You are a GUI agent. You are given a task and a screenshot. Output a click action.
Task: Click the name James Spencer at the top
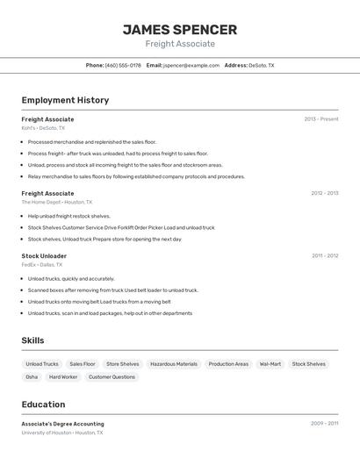[x=180, y=29]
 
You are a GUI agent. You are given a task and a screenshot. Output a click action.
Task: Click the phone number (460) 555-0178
[x=123, y=65]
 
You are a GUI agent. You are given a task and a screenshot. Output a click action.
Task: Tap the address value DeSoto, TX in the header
[x=262, y=65]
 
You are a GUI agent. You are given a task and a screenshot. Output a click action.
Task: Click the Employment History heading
[x=65, y=100]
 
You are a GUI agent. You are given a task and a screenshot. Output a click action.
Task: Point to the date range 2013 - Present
[x=321, y=119]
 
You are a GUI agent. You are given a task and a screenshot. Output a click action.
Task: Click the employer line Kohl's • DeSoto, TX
[x=43, y=128]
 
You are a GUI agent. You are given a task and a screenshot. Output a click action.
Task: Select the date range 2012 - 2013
[x=324, y=193]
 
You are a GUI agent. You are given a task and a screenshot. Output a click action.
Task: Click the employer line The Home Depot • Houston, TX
[x=57, y=202]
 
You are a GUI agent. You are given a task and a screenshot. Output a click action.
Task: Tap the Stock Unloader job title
[x=44, y=256]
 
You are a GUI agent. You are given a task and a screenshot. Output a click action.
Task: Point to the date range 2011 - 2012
[x=324, y=256]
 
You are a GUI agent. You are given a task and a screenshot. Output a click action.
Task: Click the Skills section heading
[x=33, y=340]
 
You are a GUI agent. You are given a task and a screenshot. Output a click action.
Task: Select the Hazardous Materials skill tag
[x=174, y=364]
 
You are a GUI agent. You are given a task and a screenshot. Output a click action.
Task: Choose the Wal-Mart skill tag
[x=270, y=364]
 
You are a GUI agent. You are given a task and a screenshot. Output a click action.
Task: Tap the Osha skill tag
[x=32, y=377]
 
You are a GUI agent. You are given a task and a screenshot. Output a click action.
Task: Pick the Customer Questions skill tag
[x=112, y=377]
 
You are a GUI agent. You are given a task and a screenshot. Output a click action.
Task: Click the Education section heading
[x=43, y=404]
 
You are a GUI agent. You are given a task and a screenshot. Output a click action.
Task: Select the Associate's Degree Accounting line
[x=62, y=424]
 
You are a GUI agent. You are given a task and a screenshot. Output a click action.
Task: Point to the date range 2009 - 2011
[x=324, y=424]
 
